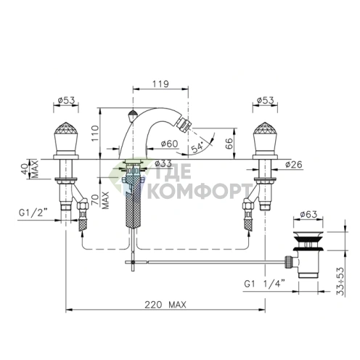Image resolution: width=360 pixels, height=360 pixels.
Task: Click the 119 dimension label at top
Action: [160, 84]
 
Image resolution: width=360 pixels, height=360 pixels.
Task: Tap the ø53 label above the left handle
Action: [66, 100]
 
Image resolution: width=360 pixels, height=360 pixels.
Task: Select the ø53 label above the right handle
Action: [265, 100]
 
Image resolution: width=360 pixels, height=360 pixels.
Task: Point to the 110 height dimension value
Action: [95, 133]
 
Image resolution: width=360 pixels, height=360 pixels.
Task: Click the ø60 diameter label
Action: [169, 144]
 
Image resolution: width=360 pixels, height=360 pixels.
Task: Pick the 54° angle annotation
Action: [197, 147]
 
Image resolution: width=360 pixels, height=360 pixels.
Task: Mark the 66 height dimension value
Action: [230, 143]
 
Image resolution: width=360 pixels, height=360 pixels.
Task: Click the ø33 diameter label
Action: [163, 163]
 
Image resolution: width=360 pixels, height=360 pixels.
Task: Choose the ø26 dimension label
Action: [294, 165]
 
